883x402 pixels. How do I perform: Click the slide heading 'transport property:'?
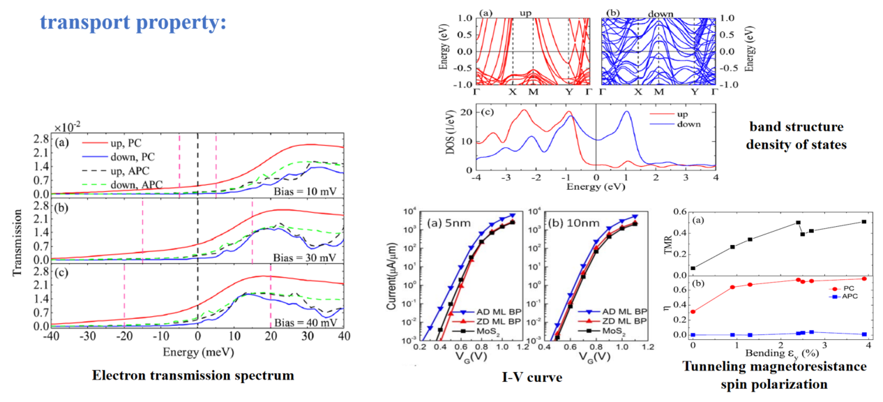pos(132,22)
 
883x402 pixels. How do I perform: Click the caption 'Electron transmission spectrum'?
pos(193,375)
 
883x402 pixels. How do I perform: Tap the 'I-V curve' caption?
pos(531,378)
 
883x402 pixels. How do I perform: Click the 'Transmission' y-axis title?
pos(19,230)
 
